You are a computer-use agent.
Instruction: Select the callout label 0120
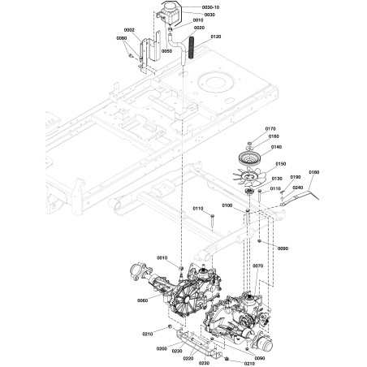point(216,37)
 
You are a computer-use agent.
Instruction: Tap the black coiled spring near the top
point(192,48)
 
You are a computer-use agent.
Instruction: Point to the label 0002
point(129,30)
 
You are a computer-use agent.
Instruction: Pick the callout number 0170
point(270,129)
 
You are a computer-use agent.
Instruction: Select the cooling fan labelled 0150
point(249,177)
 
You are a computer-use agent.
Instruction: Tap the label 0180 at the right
point(314,172)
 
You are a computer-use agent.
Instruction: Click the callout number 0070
point(257,266)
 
